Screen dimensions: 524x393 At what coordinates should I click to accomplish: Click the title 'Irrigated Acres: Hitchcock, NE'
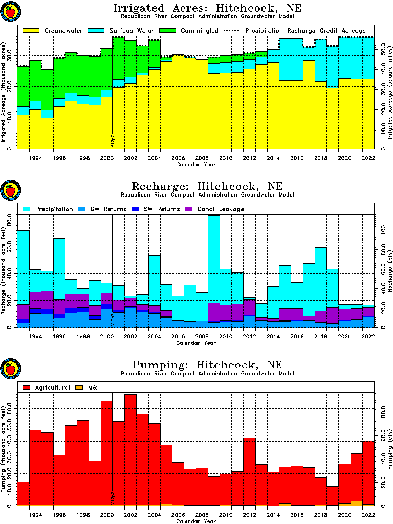click(207, 8)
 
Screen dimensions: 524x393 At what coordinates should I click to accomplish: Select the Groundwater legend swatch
click(30, 31)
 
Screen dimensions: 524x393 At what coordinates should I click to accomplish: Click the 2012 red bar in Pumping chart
click(249, 471)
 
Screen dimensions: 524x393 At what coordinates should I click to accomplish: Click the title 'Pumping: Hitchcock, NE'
click(207, 365)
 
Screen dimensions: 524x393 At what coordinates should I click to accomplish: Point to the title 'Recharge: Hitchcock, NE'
click(207, 186)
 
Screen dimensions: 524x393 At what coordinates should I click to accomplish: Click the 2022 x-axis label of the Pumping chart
click(369, 514)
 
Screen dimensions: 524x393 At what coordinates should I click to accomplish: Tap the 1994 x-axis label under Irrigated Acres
click(35, 158)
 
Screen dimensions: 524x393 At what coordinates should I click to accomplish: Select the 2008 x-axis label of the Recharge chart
click(202, 336)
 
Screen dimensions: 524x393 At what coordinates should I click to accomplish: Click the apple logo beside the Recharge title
click(10, 190)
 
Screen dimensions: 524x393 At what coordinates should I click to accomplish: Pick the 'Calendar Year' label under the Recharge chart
click(196, 343)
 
